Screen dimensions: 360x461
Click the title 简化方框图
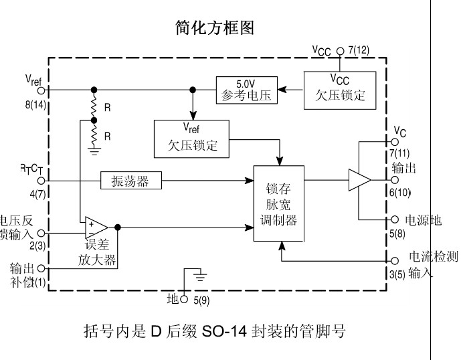click(214, 29)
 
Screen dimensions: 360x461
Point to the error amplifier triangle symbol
click(95, 228)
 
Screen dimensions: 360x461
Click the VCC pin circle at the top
click(341, 50)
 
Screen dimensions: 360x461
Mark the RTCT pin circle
click(41, 180)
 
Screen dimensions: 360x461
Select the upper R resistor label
click(107, 106)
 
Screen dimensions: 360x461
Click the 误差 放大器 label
click(102, 253)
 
